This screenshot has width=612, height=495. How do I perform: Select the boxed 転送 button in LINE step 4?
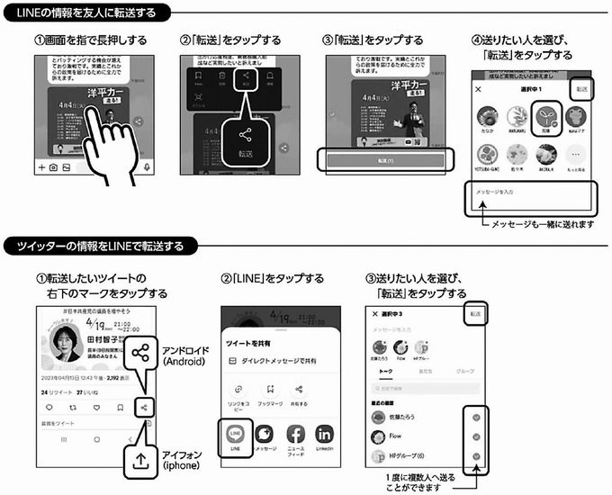[580, 88]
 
